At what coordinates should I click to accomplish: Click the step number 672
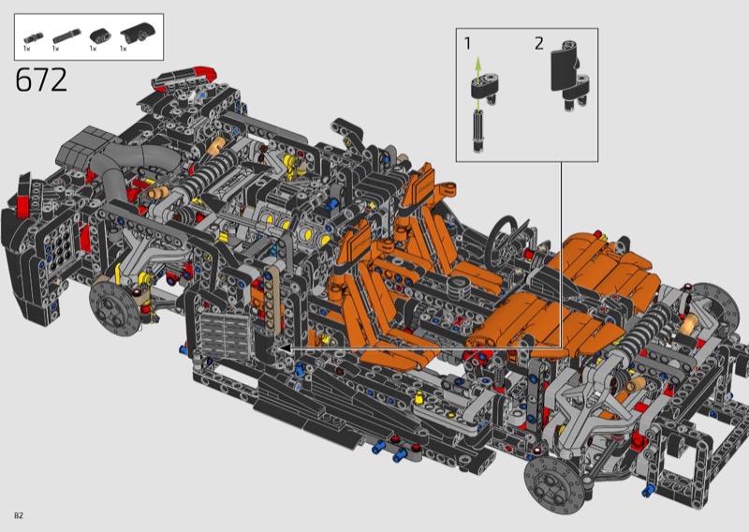tap(41, 80)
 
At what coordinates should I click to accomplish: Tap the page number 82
tap(19, 515)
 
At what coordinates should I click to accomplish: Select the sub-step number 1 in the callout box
tap(467, 43)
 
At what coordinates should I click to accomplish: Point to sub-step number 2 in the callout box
tap(539, 43)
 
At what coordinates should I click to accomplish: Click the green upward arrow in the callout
tap(477, 66)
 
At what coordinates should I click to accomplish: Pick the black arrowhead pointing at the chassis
tap(285, 348)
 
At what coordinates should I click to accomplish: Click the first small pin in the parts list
tap(34, 37)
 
